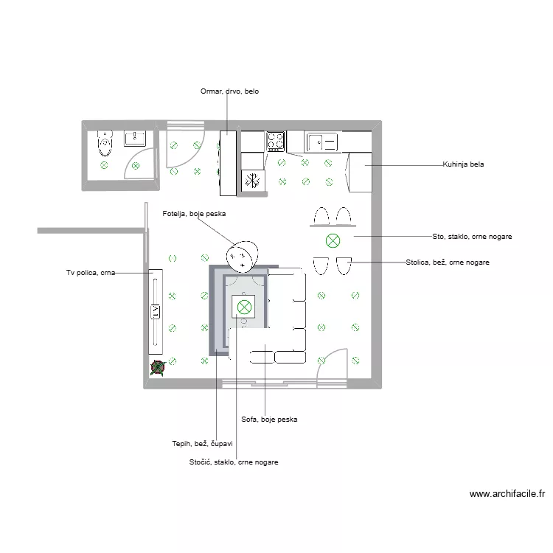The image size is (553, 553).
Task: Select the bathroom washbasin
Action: (x=136, y=138)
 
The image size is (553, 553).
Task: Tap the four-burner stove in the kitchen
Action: (x=276, y=141)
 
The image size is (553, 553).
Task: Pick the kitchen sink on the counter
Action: (x=321, y=141)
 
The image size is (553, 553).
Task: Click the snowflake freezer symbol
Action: (x=253, y=181)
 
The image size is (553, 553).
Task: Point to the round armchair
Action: (x=243, y=256)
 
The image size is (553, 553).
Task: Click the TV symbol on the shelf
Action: (x=156, y=312)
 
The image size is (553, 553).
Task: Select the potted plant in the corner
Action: (x=156, y=367)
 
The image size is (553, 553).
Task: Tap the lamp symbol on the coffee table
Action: (x=243, y=306)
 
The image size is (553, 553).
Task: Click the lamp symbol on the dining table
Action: (x=333, y=240)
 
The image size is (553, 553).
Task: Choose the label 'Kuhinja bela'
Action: (x=462, y=164)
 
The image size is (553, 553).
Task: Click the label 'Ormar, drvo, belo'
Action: (x=229, y=92)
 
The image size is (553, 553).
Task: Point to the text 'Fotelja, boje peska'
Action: (x=194, y=214)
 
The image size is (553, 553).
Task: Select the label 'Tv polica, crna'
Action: (x=90, y=273)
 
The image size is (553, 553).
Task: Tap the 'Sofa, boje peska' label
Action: (x=269, y=420)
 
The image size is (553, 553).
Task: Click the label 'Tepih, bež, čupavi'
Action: (x=202, y=444)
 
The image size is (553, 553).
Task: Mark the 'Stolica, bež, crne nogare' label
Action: (x=448, y=262)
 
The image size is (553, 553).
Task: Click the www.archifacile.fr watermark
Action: (x=507, y=495)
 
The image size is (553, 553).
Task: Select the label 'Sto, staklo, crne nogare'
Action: (x=472, y=237)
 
